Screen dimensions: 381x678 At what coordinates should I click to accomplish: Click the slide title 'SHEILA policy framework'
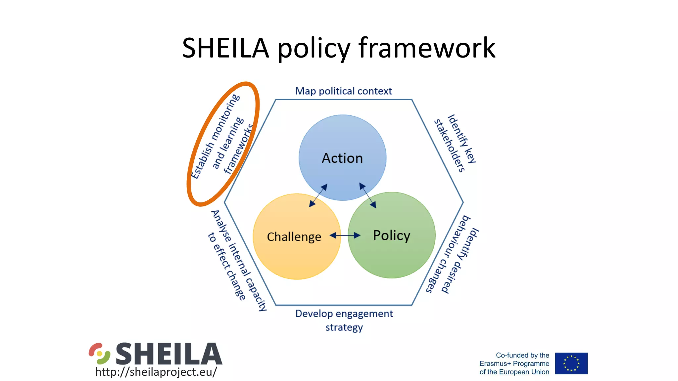[x=338, y=48]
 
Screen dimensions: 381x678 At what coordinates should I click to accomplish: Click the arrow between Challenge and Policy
[x=345, y=235]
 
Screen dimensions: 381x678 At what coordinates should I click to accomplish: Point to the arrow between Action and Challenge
[x=318, y=195]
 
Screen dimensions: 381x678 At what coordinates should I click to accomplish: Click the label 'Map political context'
[x=343, y=91]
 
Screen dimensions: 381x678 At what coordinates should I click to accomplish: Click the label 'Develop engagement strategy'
[x=344, y=320]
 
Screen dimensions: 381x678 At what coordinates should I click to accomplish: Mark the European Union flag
[x=571, y=363]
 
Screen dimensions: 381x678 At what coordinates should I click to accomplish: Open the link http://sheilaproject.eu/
[x=156, y=372]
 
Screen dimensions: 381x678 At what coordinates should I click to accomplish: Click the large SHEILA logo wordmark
[x=169, y=354]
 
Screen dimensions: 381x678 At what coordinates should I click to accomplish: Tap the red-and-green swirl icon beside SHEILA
[x=99, y=353]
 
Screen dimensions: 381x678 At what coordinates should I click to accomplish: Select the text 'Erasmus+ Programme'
[x=514, y=363]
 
